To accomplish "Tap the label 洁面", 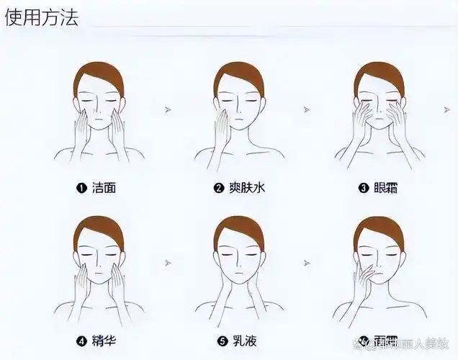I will point(104,188).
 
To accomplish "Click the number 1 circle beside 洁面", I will point(81,189).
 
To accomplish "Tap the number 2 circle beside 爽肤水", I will point(218,189).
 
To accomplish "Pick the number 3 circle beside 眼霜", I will point(364,189).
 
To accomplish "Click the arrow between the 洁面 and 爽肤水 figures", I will point(168,110).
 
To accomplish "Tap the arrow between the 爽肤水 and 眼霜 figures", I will point(307,110).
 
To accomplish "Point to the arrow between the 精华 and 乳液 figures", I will point(168,261).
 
